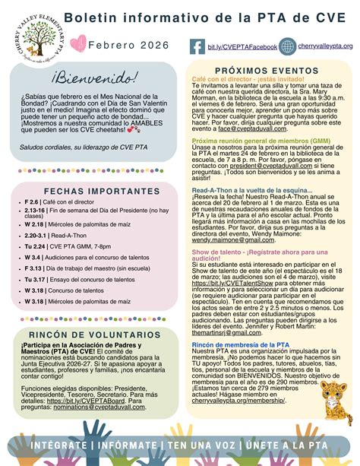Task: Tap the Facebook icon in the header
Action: tap(196, 47)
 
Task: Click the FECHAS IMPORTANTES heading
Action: tap(90, 191)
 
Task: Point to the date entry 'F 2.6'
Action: tap(32, 203)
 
